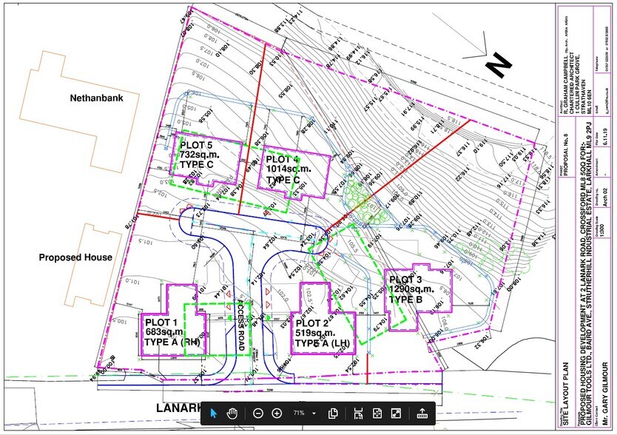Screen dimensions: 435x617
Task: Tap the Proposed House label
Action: [x=76, y=257]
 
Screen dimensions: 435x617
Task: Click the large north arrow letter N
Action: [x=501, y=67]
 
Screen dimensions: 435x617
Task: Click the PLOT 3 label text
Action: [x=406, y=279]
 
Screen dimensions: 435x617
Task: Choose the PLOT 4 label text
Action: [x=283, y=160]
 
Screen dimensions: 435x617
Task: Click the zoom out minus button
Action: [x=257, y=413]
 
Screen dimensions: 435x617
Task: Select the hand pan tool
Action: [x=232, y=413]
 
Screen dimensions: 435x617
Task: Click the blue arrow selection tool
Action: [x=213, y=413]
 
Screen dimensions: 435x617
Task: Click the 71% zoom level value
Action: [x=299, y=413]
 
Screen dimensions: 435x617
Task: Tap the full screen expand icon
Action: [x=396, y=413]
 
